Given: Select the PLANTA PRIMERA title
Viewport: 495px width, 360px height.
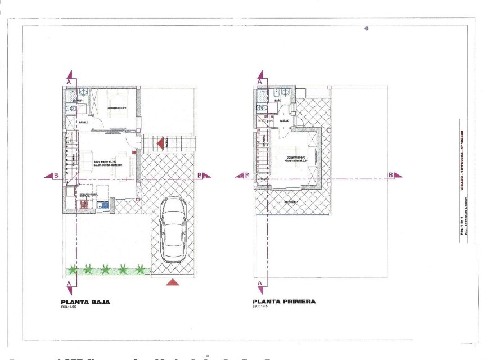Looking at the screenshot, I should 284,301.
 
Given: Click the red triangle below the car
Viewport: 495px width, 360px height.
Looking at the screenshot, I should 174,281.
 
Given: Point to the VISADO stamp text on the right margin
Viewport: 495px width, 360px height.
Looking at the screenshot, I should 462,152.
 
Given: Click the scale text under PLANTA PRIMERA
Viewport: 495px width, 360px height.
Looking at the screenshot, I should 260,307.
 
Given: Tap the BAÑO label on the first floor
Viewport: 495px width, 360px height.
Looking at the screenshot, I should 278,100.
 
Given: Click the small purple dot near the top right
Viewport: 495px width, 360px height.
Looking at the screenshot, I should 366,28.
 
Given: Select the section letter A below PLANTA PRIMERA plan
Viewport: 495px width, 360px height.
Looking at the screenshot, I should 260,285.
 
